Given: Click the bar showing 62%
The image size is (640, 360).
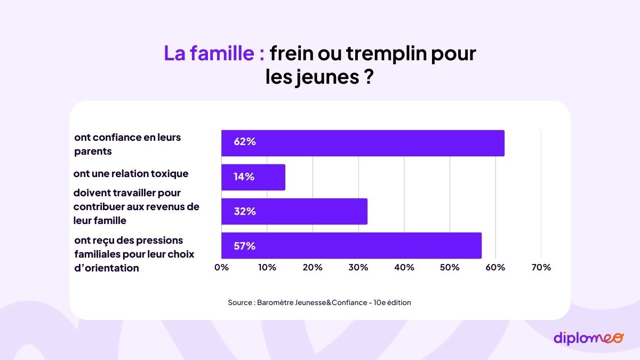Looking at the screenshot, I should pyautogui.click(x=363, y=143).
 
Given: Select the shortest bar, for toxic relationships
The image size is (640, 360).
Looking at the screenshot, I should pyautogui.click(x=253, y=177).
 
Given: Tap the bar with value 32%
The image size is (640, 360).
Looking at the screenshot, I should pyautogui.click(x=294, y=211).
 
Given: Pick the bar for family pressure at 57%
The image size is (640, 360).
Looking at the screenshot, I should pyautogui.click(x=351, y=246).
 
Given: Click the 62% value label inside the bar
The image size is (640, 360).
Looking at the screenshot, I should pyautogui.click(x=245, y=142).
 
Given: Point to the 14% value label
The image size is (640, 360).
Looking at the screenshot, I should pyautogui.click(x=244, y=177).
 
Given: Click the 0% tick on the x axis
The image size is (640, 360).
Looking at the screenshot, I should pyautogui.click(x=221, y=267).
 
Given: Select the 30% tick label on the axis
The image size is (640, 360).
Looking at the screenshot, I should pyautogui.click(x=358, y=267).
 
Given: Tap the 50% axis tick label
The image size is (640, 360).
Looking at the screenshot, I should pyautogui.click(x=450, y=267).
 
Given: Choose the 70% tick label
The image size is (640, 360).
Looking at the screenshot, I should pyautogui.click(x=541, y=267).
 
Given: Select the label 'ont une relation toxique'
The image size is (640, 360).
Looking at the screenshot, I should pyautogui.click(x=131, y=174).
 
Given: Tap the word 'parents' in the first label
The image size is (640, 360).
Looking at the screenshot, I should pyautogui.click(x=93, y=151).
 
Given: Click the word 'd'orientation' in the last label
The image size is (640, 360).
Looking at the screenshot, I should pyautogui.click(x=106, y=268).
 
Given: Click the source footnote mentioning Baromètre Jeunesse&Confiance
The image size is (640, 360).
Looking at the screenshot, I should pyautogui.click(x=319, y=302).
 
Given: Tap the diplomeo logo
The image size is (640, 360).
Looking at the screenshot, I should pyautogui.click(x=588, y=338).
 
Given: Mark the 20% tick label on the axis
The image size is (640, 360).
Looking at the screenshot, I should pyautogui.click(x=313, y=267).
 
